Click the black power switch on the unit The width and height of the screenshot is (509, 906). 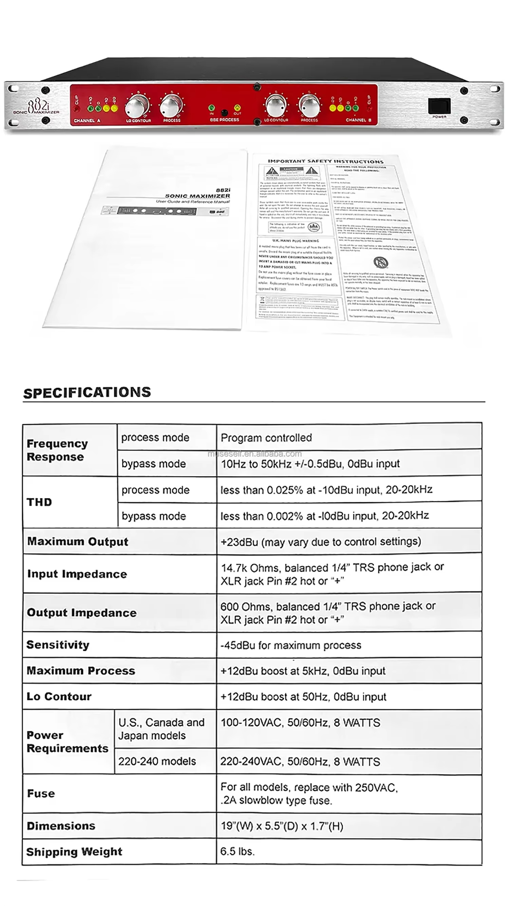click(x=439, y=106)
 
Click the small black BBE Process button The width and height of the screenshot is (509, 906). click(x=224, y=113)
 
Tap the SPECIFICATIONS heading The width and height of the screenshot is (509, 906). click(x=87, y=393)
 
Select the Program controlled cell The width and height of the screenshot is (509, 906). click(x=266, y=437)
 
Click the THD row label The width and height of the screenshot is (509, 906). click(x=39, y=502)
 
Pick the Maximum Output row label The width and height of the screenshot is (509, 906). click(x=78, y=541)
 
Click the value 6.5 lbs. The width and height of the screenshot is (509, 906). click(x=237, y=851)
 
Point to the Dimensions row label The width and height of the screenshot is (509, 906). click(x=61, y=825)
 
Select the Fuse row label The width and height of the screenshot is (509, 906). click(x=41, y=794)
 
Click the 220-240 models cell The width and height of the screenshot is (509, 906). click(x=157, y=761)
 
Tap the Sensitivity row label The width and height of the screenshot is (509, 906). click(x=58, y=645)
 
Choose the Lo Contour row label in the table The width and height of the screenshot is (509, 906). click(x=59, y=696)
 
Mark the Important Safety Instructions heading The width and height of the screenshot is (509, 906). click(x=325, y=161)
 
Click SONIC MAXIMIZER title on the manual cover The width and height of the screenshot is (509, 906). click(x=197, y=196)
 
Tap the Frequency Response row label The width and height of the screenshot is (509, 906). click(x=57, y=450)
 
